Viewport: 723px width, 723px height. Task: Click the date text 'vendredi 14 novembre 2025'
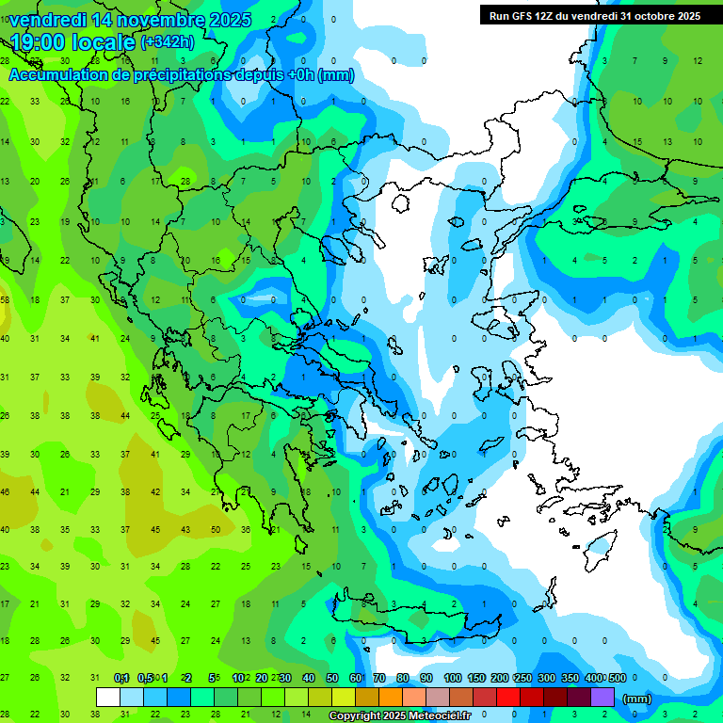click(131, 20)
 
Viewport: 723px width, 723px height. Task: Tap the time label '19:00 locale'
click(73, 42)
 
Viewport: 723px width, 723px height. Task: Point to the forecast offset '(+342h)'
click(168, 42)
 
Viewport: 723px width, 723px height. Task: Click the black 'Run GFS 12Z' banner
click(594, 15)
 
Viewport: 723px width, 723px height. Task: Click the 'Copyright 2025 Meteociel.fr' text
click(400, 715)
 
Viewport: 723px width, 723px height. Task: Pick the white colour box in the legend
click(108, 698)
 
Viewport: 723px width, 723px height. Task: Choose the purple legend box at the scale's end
click(602, 698)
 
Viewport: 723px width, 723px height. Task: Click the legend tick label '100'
click(453, 678)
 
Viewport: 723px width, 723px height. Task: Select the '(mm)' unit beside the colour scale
click(637, 699)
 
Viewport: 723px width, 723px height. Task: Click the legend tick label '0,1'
click(121, 678)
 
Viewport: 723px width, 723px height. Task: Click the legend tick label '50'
click(332, 678)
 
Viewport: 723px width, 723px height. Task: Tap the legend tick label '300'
click(547, 678)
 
